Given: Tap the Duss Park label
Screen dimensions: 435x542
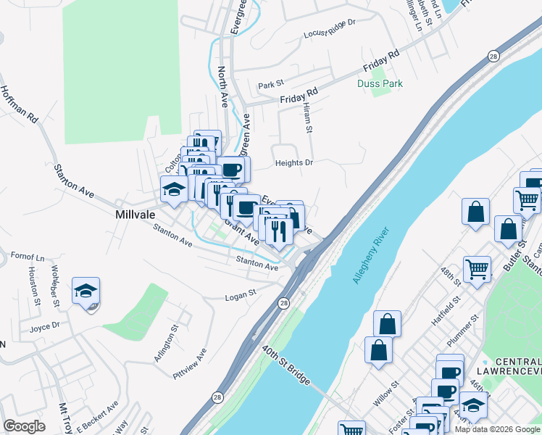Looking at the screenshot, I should click(x=380, y=84).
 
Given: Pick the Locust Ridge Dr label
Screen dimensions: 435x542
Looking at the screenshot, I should click(x=330, y=28).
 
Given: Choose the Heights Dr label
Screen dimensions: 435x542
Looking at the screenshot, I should click(x=293, y=163).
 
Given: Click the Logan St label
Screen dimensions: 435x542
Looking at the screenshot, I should click(x=241, y=295).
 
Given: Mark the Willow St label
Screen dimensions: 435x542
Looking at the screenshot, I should click(x=385, y=391).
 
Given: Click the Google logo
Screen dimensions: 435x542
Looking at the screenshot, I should click(x=24, y=426).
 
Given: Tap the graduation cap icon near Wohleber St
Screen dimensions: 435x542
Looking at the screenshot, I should click(x=86, y=291).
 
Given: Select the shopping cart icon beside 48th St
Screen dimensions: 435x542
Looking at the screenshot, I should click(x=477, y=270).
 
